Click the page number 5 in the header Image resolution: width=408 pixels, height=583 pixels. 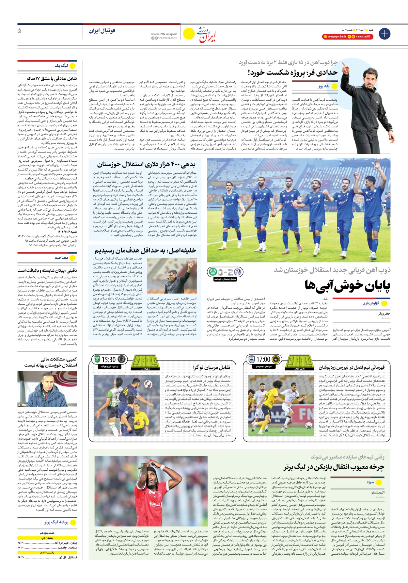19,31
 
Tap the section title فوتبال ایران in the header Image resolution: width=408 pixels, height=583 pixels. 102,31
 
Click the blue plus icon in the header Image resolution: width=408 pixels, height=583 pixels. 384,34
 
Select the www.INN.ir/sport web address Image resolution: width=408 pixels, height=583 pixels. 164,34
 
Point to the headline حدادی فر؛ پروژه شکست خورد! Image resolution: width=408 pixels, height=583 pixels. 292,72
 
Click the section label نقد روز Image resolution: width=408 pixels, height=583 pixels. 324,86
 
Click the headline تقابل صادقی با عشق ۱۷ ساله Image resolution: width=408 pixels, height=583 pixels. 52,78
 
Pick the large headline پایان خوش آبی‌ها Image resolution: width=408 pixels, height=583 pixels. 347,286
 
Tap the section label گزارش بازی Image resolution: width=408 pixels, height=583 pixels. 371,303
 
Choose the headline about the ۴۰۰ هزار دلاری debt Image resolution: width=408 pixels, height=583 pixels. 146,164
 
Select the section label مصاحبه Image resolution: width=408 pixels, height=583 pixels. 62,258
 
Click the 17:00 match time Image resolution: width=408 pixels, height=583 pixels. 263,360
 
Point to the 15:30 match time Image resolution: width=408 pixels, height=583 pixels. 109,360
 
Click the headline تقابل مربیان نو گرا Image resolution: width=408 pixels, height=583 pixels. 211,367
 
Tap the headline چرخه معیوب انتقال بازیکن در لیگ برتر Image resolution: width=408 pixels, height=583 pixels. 334,467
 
